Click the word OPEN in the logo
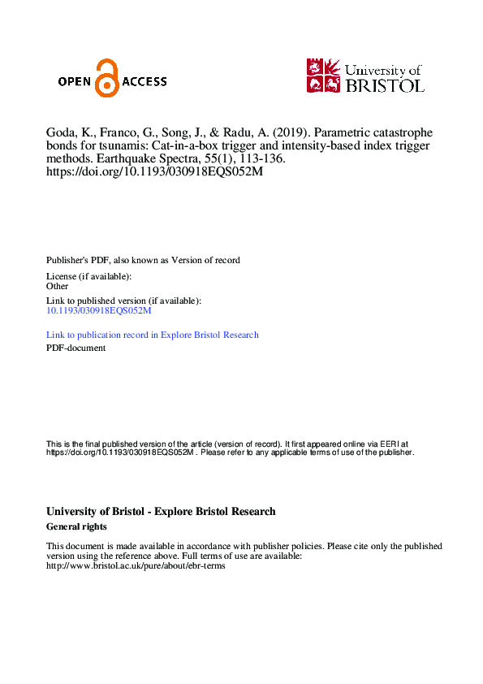pyautogui.click(x=76, y=81)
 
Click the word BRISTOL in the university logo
pyautogui.click(x=385, y=84)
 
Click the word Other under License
pyautogui.click(x=57, y=286)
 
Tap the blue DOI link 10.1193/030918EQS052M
pyautogui.click(x=99, y=310)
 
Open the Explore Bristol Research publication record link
pyautogui.click(x=153, y=335)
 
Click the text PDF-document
pyautogui.click(x=75, y=348)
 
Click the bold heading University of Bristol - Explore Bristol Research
pyautogui.click(x=161, y=512)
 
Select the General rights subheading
pyautogui.click(x=77, y=526)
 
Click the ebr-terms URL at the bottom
pyautogui.click(x=136, y=565)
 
